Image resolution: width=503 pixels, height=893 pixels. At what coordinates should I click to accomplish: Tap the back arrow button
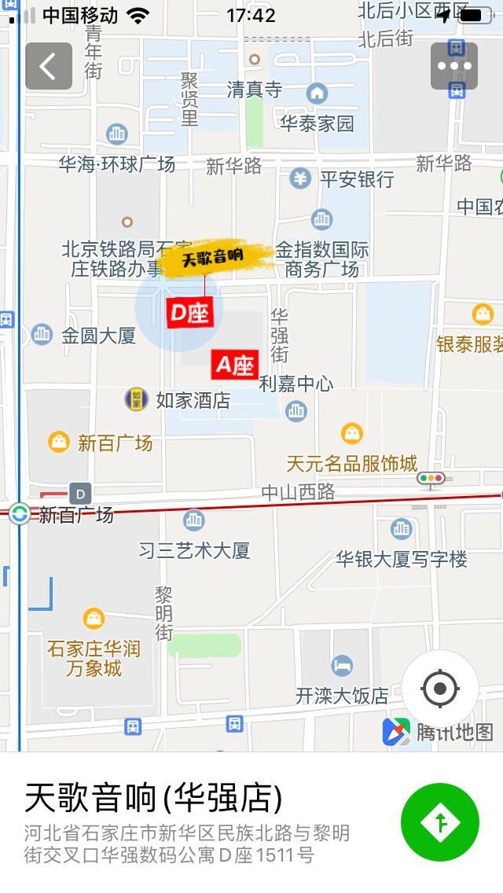tap(49, 66)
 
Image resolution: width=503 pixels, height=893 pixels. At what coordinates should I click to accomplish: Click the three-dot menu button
tap(454, 66)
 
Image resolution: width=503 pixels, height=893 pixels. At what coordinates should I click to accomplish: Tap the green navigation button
tap(440, 822)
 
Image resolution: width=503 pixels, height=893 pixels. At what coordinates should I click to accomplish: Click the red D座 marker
tap(189, 313)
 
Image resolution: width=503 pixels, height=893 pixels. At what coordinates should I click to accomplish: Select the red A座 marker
tap(235, 365)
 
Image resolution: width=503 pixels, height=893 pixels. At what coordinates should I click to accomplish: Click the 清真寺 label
tap(254, 90)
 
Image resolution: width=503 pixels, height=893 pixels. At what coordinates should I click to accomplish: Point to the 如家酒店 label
tap(193, 400)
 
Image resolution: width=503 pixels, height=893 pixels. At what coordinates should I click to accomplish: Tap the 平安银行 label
tap(357, 179)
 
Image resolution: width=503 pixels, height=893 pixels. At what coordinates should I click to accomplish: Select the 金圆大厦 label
tap(99, 336)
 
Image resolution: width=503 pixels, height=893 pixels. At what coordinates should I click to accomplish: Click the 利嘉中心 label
tap(296, 384)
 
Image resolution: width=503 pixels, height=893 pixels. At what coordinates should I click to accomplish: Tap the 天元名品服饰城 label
tap(351, 463)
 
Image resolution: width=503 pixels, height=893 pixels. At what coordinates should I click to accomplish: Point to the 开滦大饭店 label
tap(342, 696)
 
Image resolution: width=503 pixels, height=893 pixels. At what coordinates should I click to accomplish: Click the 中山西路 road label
tap(298, 492)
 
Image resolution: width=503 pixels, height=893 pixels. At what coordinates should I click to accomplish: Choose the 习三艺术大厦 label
tap(194, 550)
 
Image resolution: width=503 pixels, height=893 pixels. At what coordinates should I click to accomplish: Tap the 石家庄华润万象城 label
tap(94, 659)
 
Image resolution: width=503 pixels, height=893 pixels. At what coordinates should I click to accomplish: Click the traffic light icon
tap(431, 478)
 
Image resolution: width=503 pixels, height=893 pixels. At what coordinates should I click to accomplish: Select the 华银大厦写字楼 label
tap(402, 559)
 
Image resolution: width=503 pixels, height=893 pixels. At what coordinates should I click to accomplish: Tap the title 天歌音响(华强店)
tap(153, 798)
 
